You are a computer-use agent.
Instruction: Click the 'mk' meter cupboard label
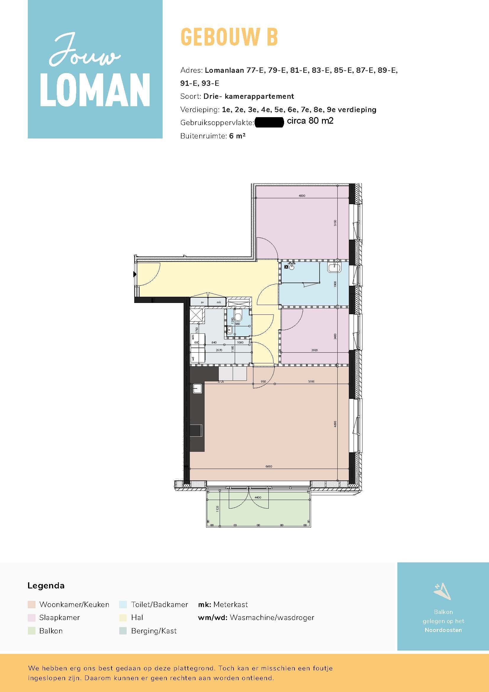218,302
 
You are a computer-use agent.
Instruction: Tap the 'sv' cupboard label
202,302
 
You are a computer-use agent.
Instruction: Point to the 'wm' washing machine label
193,337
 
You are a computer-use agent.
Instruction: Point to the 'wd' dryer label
193,359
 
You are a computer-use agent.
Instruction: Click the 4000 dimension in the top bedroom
302,196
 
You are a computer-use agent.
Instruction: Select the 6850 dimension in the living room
268,466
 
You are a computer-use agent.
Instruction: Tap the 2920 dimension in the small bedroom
314,350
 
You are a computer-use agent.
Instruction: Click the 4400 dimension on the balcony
258,497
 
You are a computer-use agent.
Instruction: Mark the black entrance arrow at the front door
135,274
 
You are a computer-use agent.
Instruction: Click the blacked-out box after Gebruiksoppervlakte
269,123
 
